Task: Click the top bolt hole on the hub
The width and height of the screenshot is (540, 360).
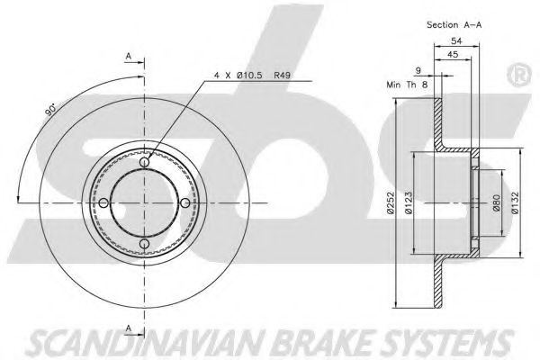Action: (x=145, y=163)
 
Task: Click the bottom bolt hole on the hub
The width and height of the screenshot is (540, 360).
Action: (x=145, y=243)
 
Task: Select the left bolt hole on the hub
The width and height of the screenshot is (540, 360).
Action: (x=104, y=202)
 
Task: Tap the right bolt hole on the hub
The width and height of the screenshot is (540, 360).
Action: (x=185, y=202)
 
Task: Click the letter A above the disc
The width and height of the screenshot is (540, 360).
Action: (x=130, y=58)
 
